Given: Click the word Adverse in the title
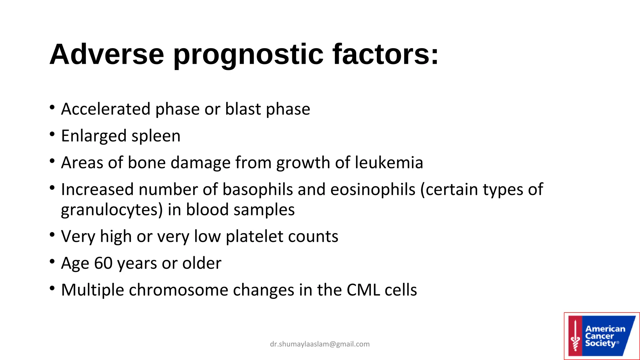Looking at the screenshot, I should (107, 54).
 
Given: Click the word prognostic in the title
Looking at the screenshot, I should (248, 55).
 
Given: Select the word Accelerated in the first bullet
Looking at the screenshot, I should (106, 109).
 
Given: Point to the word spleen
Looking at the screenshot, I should (156, 136).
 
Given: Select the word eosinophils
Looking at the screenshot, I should (372, 190).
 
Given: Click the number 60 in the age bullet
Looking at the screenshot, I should (103, 263).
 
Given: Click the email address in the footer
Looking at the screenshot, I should (320, 344).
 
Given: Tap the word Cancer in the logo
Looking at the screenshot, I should (599, 336).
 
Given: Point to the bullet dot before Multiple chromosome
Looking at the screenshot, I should (52, 288).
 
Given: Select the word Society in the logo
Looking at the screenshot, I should (600, 343).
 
